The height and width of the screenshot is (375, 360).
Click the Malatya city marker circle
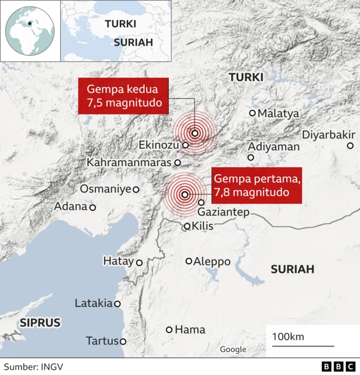[x=252, y=113]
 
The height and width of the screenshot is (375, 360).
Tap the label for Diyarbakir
[x=328, y=135]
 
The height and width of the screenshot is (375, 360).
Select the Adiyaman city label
[x=274, y=146]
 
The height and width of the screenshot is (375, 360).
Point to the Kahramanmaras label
[x=129, y=162]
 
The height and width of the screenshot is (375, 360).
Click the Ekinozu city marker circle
[x=185, y=145]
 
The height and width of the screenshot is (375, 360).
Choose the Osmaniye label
[x=105, y=189]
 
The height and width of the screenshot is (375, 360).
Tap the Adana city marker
[x=93, y=207]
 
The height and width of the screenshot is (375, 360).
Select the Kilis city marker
[x=187, y=227]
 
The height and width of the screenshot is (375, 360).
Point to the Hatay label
[x=118, y=261]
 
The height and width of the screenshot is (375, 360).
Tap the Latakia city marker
[x=118, y=304]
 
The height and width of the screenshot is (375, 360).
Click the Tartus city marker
[x=123, y=341]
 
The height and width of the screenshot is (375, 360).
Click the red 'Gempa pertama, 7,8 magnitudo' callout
[x=256, y=185]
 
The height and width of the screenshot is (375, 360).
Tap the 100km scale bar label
[x=288, y=337]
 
